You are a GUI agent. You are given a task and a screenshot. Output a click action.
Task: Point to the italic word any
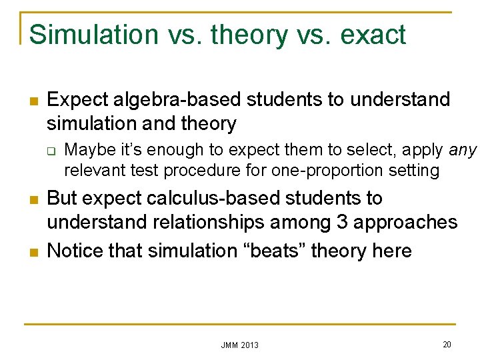tap(463, 151)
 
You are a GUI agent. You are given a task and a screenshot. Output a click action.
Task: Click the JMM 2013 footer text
tap(239, 345)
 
